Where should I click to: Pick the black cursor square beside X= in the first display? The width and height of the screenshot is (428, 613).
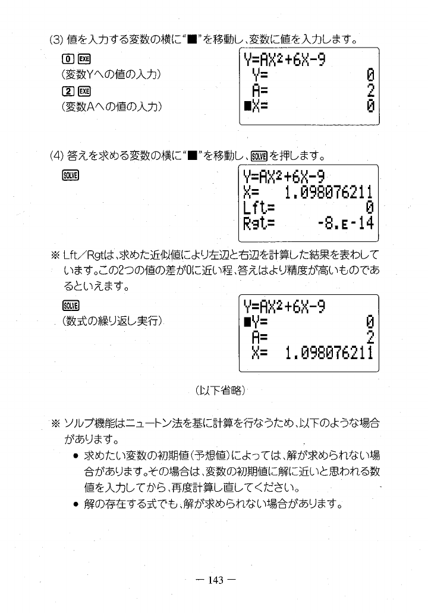(245, 107)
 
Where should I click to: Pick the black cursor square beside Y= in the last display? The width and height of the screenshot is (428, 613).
(245, 322)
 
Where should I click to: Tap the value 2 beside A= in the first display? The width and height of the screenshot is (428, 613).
(370, 91)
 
